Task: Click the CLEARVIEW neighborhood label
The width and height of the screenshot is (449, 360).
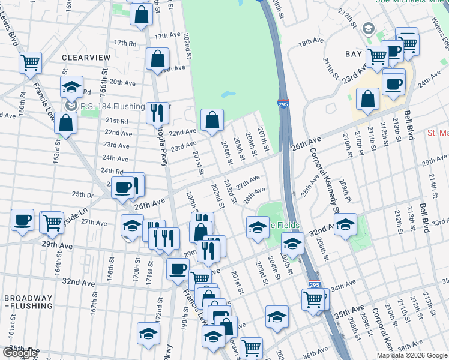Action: coord(86,58)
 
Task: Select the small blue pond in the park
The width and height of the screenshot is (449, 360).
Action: coord(228,94)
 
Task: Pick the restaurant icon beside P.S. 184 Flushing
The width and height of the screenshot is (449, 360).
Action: coord(157,112)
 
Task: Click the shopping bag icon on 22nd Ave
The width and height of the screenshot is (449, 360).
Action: coord(212,120)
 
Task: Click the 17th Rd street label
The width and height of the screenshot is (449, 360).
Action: coord(125,43)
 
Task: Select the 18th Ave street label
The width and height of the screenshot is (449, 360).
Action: coord(312,42)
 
